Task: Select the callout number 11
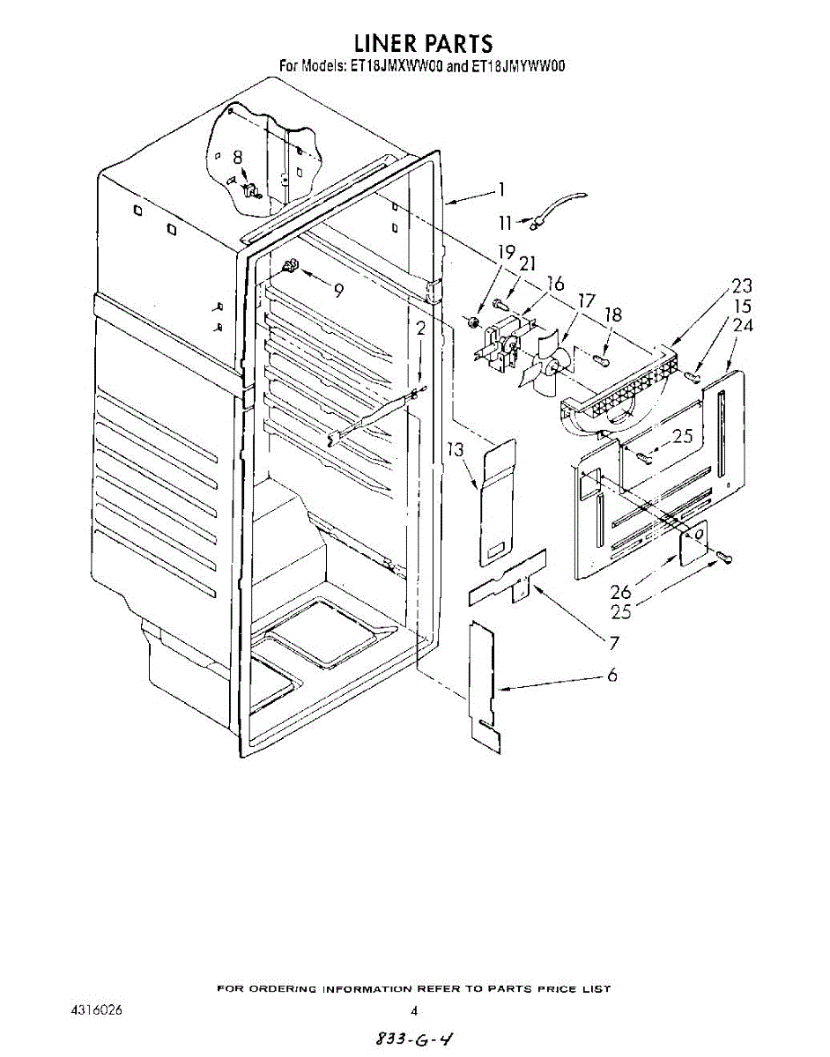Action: [x=505, y=224]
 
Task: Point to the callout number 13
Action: [x=456, y=450]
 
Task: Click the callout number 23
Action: [x=742, y=285]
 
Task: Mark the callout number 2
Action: [x=421, y=329]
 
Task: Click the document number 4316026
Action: [x=96, y=1010]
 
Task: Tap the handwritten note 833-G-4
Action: [x=413, y=1038]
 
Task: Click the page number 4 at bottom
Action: [x=413, y=1010]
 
